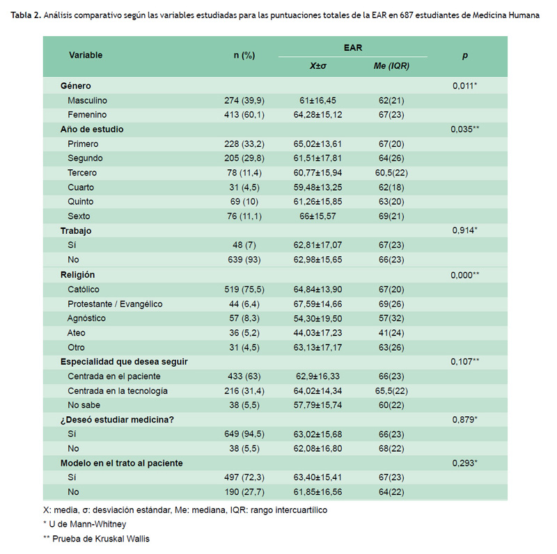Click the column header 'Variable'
86,55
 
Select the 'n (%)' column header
244,56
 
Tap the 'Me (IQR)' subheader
391,66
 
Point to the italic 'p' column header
465,56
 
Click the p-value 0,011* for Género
464,86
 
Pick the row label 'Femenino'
87,115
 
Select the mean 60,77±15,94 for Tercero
317,173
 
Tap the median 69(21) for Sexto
391,216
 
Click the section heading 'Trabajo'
76,231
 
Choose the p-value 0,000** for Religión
464,275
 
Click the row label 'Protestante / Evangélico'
115,304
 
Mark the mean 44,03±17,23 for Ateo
317,333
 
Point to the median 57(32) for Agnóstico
391,318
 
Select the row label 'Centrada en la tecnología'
118,391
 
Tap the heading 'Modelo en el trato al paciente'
121,463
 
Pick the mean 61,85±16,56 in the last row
317,492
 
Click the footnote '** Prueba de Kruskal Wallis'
96,539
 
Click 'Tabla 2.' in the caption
26,15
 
